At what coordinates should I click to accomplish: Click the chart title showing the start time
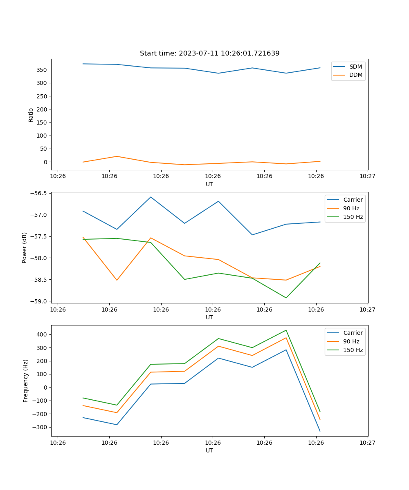(209, 53)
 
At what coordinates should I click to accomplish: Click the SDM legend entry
(355, 67)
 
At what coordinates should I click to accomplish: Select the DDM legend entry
(355, 75)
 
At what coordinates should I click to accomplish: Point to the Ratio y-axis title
(31, 115)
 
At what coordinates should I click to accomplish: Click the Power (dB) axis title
(25, 247)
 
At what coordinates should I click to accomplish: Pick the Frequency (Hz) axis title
(25, 381)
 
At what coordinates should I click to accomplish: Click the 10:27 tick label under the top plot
(368, 176)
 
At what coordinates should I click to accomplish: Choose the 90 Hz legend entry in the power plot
(351, 208)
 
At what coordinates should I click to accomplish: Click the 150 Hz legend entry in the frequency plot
(353, 350)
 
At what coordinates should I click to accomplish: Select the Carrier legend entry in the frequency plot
(353, 333)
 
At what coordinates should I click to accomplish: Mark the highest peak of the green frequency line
(286, 330)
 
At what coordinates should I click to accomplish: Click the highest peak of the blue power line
(151, 197)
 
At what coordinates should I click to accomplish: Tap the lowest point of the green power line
(286, 298)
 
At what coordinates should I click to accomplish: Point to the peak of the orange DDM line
(117, 156)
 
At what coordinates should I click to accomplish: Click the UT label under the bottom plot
(209, 450)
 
